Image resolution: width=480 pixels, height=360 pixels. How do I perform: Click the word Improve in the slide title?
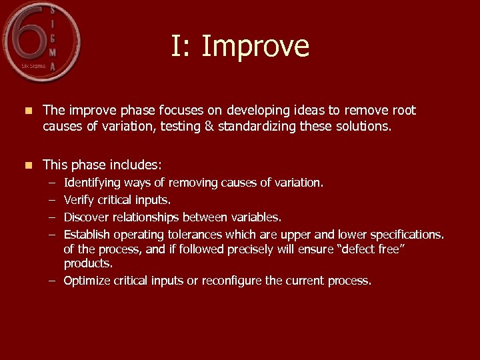coord(255,47)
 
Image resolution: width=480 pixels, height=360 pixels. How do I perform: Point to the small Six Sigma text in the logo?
coord(33,66)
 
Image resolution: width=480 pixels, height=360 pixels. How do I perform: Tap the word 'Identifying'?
coord(91,182)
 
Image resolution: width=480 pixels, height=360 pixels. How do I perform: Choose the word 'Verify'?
coord(79,199)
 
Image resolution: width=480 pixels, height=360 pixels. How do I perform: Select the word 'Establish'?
coord(87,234)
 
